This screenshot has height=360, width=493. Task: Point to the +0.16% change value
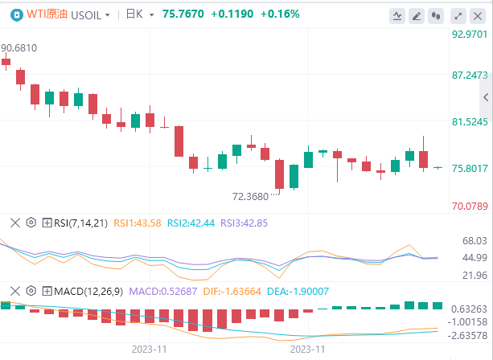(x=281, y=14)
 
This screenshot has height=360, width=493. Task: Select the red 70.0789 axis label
(x=469, y=207)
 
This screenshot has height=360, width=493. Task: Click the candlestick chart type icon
(x=438, y=14)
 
